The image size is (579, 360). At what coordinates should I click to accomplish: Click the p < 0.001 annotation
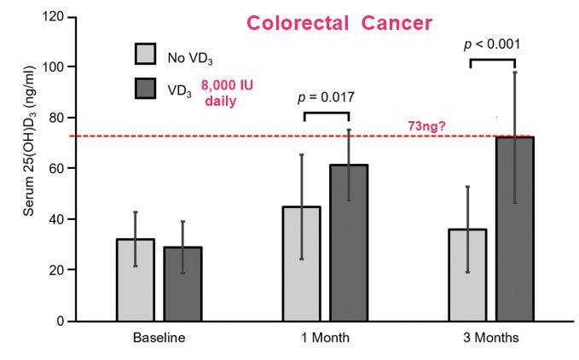pos(494,44)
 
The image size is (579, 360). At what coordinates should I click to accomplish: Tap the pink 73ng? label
pos(431,126)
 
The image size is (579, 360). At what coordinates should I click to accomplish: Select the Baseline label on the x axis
pos(159,338)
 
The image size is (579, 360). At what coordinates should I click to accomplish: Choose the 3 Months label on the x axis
pos(491,338)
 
